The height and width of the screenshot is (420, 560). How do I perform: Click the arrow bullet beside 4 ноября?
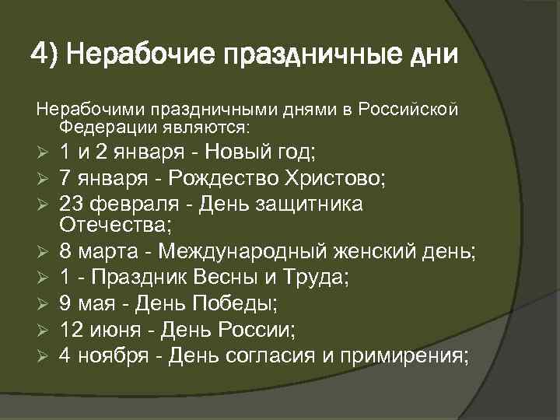(x=44, y=355)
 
